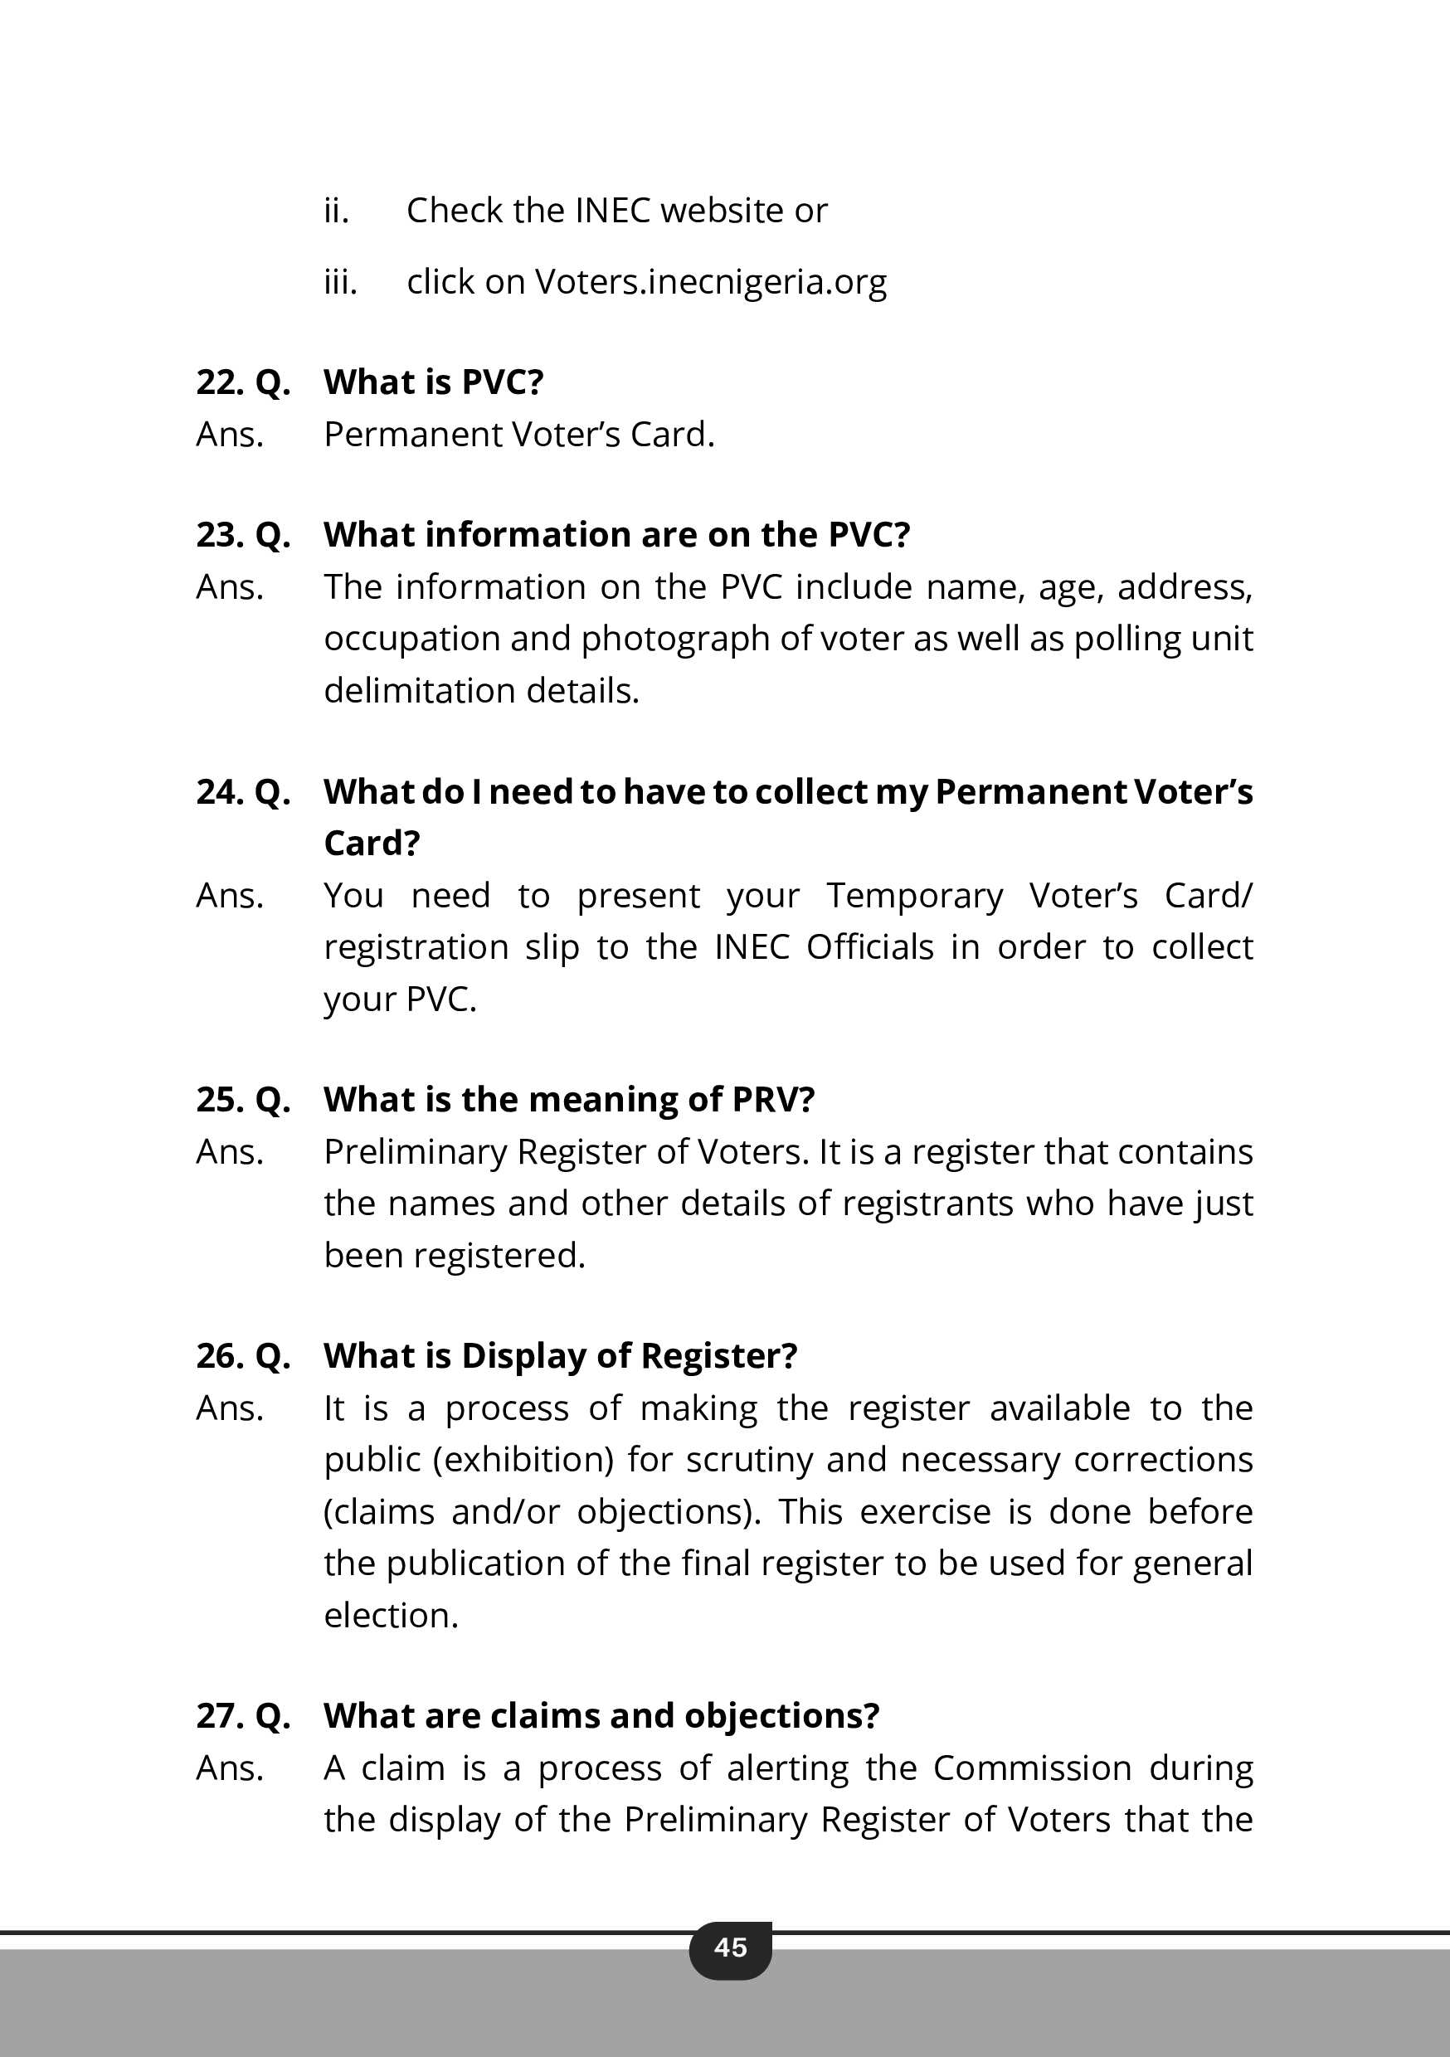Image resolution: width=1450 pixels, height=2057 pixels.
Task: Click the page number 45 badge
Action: [729, 1947]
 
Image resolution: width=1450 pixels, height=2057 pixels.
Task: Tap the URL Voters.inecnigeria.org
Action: [710, 282]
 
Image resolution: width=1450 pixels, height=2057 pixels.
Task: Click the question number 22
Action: [218, 382]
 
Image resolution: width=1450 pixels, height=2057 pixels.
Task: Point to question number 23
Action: [218, 535]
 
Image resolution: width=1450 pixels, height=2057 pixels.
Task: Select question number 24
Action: [218, 792]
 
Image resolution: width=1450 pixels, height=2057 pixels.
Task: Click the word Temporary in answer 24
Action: [914, 896]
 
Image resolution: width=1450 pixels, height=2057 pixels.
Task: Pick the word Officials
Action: [869, 947]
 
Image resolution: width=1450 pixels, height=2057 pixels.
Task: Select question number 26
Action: [218, 1356]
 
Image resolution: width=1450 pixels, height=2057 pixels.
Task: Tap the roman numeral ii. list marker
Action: [336, 212]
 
